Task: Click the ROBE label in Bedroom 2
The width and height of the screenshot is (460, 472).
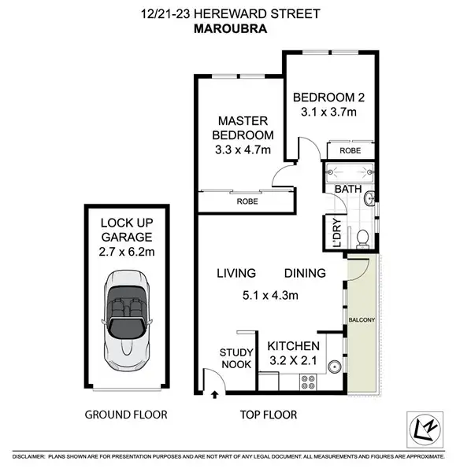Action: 350,149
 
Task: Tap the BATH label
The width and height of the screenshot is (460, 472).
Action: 347,190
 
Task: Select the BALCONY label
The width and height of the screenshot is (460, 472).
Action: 362,321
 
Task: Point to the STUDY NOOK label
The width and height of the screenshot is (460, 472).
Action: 236,358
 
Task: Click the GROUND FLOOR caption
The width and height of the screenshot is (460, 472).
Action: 126,415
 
